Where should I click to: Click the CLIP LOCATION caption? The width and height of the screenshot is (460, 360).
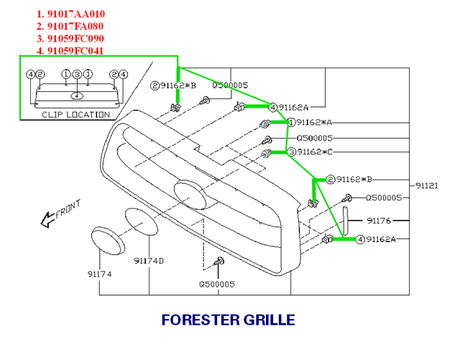76,114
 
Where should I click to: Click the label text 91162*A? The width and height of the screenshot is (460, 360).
319,123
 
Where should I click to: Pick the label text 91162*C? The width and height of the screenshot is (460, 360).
319,152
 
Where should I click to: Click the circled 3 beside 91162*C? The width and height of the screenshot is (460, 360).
292,152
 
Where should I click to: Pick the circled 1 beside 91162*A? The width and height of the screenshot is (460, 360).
292,123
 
